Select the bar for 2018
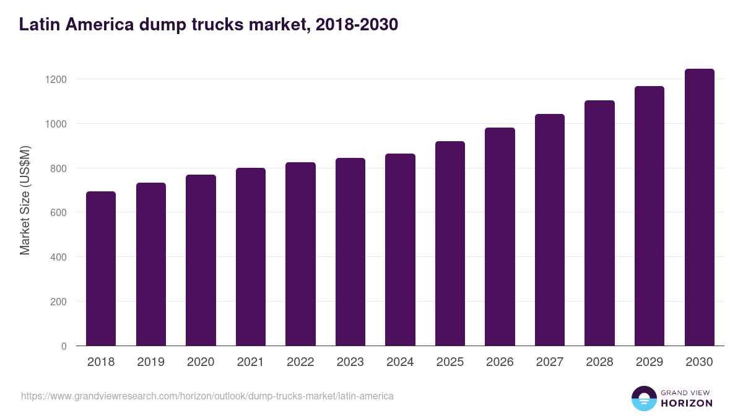pyautogui.click(x=101, y=269)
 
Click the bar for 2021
pyautogui.click(x=250, y=257)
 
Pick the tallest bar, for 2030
pyautogui.click(x=699, y=207)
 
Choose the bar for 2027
pyautogui.click(x=550, y=230)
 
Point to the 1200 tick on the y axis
pyautogui.click(x=55, y=79)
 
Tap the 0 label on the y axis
pyautogui.click(x=64, y=346)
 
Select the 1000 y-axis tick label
pyautogui.click(x=55, y=124)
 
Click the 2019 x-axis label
pyautogui.click(x=150, y=362)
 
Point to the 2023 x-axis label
pyautogui.click(x=350, y=362)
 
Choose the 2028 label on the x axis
pyautogui.click(x=599, y=362)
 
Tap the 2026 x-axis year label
pyautogui.click(x=500, y=362)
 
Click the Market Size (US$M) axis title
pyautogui.click(x=25, y=201)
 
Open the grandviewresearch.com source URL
pyautogui.click(x=207, y=396)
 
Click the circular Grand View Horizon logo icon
pyautogui.click(x=643, y=398)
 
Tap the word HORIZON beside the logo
pyautogui.click(x=687, y=403)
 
